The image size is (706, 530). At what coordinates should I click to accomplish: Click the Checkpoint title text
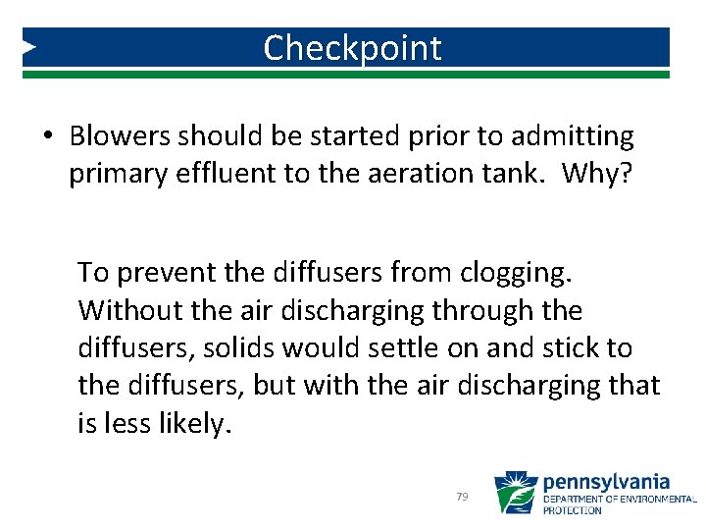(x=352, y=47)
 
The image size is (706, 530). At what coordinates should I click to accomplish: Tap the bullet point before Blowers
(x=48, y=136)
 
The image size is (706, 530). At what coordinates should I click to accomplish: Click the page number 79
(x=462, y=498)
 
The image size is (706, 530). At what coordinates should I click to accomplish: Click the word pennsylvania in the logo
(x=606, y=481)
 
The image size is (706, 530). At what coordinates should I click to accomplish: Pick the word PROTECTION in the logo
(x=573, y=510)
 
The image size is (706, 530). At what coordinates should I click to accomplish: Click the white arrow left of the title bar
(x=29, y=46)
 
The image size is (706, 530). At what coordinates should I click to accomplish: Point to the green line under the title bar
(x=352, y=74)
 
